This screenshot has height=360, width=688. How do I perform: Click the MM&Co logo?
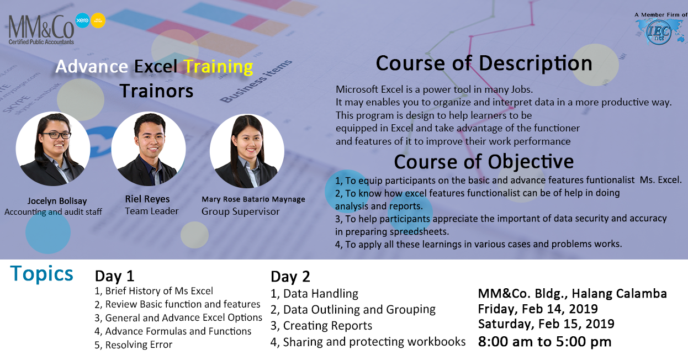(x=41, y=30)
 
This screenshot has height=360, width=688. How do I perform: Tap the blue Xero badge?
(x=82, y=20)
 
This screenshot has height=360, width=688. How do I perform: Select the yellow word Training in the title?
(x=218, y=67)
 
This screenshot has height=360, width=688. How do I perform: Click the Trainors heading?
(x=157, y=91)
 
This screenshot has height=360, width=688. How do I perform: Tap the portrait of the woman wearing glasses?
(x=53, y=149)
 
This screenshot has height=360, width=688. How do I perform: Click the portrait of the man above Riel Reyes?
(x=149, y=149)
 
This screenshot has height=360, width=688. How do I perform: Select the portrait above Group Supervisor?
(x=247, y=151)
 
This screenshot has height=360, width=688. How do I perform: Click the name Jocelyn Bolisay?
(x=57, y=201)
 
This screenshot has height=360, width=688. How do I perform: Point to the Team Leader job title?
(x=152, y=211)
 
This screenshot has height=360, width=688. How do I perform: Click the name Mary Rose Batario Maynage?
(x=253, y=199)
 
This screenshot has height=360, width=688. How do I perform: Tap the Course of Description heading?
(x=484, y=63)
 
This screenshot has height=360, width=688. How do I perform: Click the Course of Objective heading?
(x=484, y=162)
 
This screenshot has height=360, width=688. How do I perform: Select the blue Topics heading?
(x=42, y=273)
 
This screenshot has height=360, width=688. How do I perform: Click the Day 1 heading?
(x=114, y=276)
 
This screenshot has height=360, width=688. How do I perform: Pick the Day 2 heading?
(x=290, y=277)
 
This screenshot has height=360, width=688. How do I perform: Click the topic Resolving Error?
(x=133, y=345)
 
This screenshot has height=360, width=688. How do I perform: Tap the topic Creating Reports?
(x=321, y=326)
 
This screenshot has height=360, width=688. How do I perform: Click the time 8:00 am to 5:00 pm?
(x=544, y=342)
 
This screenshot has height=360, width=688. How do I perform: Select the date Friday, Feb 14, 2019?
(x=538, y=309)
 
